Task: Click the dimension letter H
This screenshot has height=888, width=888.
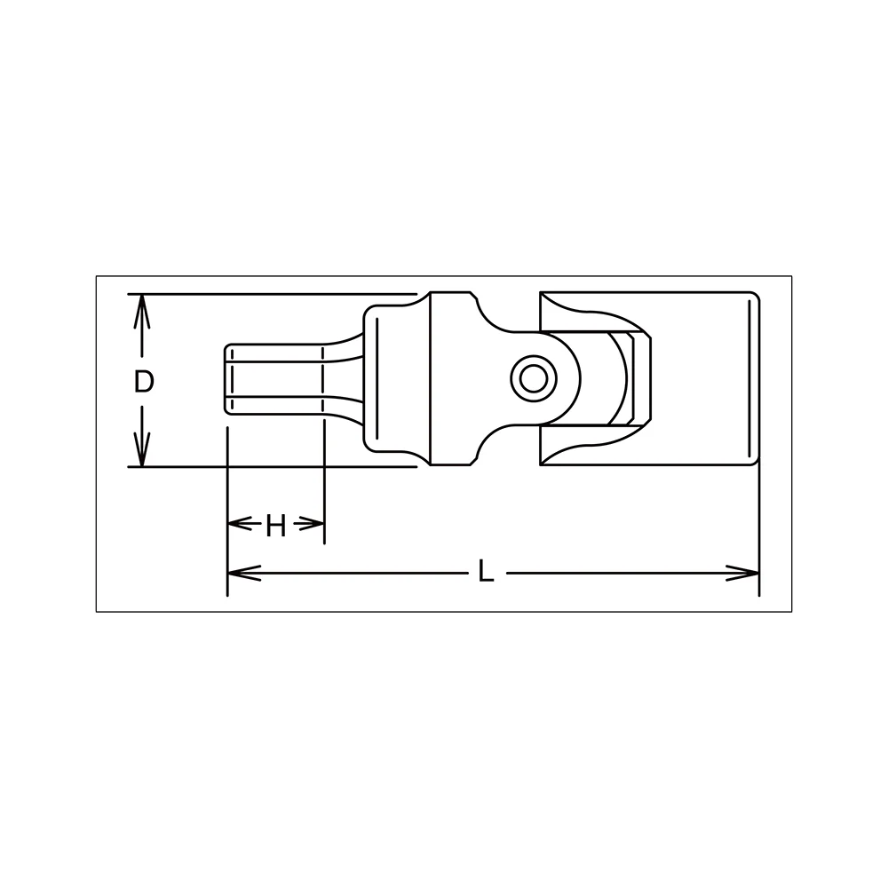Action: pyautogui.click(x=276, y=527)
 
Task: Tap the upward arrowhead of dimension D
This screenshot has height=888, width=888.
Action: pyautogui.click(x=141, y=312)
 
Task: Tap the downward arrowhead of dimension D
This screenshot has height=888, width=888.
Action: pyautogui.click(x=141, y=449)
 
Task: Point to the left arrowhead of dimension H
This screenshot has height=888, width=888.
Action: pyautogui.click(x=240, y=524)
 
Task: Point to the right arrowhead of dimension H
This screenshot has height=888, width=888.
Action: pyautogui.click(x=312, y=524)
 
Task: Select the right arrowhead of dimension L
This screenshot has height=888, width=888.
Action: pyautogui.click(x=742, y=573)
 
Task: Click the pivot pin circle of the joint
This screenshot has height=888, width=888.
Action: pyautogui.click(x=533, y=379)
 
